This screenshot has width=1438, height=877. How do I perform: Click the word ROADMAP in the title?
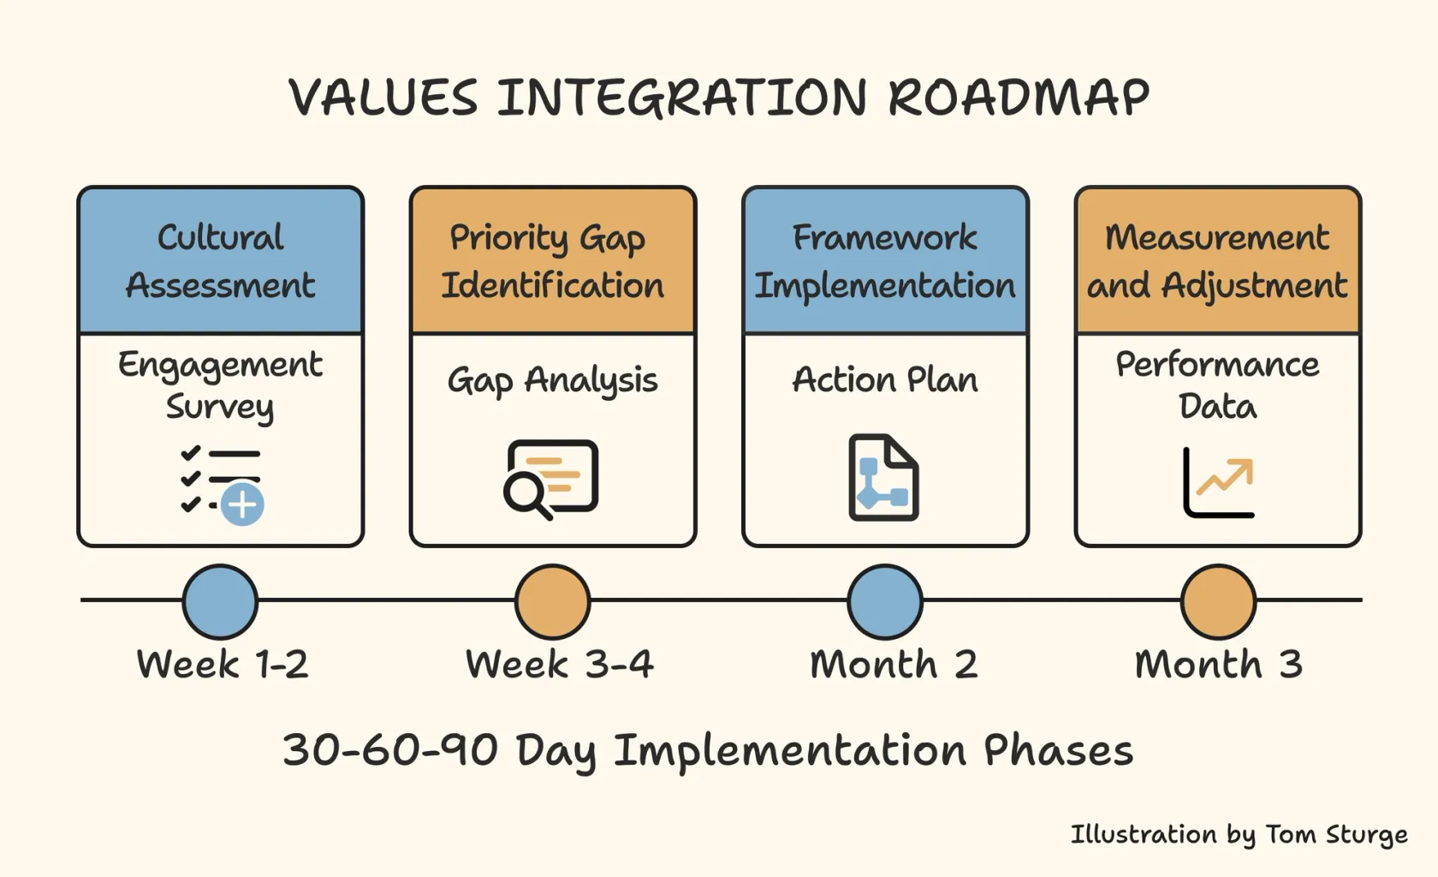click(x=1019, y=98)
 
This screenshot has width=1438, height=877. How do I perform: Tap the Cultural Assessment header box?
click(x=220, y=260)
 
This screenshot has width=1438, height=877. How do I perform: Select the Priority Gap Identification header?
click(x=553, y=260)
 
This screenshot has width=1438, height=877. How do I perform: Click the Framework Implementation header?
click(x=885, y=260)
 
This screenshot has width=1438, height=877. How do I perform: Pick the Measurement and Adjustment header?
click(x=1218, y=260)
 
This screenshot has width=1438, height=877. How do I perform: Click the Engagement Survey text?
click(x=220, y=385)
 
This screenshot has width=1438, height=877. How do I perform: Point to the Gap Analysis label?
click(x=553, y=379)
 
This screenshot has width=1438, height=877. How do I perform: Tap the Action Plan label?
click(x=885, y=379)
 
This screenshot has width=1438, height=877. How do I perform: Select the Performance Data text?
click(x=1218, y=385)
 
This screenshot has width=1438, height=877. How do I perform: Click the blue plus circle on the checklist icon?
click(x=242, y=504)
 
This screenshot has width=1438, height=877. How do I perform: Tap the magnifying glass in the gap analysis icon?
click(x=527, y=495)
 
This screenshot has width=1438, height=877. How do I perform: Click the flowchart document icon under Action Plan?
click(x=884, y=477)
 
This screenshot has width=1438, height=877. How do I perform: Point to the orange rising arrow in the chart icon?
click(x=1225, y=476)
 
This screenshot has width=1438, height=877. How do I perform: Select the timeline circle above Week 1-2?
click(x=220, y=601)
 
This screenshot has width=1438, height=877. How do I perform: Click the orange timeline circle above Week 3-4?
click(x=553, y=601)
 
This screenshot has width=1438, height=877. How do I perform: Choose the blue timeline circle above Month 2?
click(x=885, y=601)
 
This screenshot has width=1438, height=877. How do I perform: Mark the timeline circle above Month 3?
click(x=1219, y=601)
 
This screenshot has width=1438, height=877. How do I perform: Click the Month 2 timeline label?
click(x=894, y=664)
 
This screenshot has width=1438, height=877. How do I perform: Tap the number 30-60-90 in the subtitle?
click(x=390, y=749)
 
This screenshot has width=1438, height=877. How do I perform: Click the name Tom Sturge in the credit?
click(x=1337, y=834)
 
